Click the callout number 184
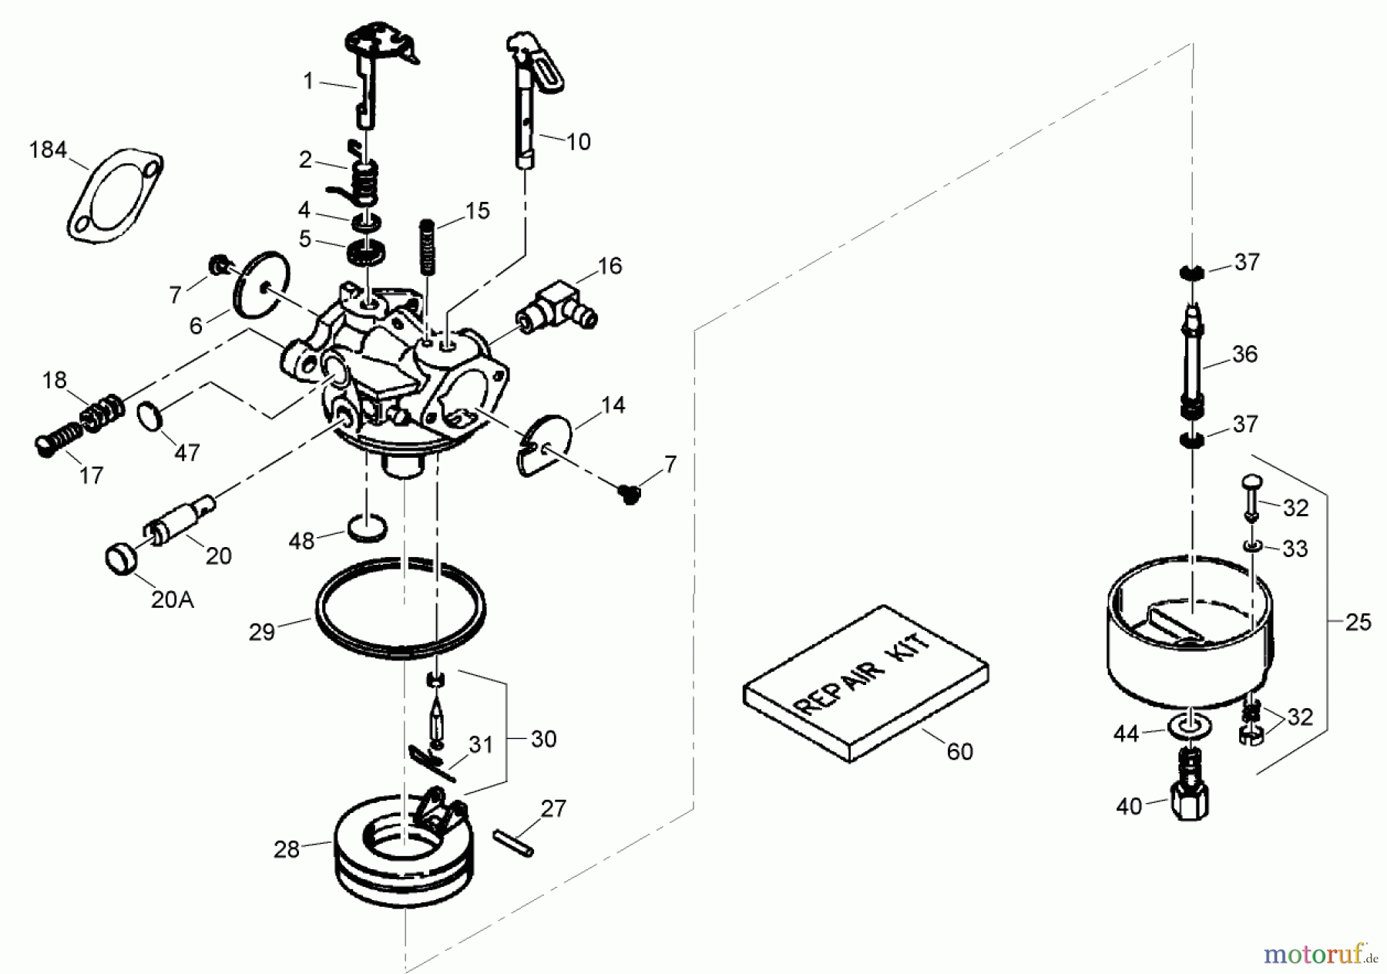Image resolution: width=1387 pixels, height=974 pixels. point(48,149)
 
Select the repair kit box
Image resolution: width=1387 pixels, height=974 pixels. point(865,683)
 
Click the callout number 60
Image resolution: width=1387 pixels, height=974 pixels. point(959,751)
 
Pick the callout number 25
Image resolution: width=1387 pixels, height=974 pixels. point(1357,622)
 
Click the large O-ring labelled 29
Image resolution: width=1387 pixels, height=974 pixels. point(400,607)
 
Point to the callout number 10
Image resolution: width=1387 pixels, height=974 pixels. point(577,142)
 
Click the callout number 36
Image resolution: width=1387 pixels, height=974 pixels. point(1245,354)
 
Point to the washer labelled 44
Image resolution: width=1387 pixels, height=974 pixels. point(1193,728)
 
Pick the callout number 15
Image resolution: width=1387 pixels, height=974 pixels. point(478,210)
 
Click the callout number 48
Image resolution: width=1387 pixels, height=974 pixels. point(301,541)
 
